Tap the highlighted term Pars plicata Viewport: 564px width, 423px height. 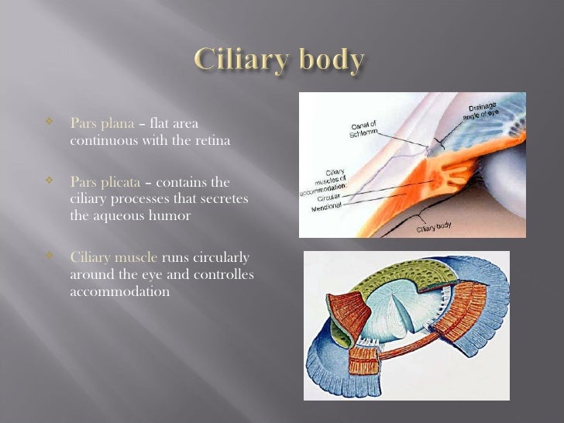coord(105,183)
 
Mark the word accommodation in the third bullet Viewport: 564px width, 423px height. coord(119,292)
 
